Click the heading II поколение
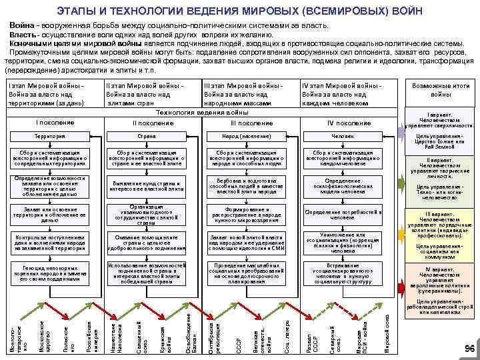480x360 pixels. [147, 123]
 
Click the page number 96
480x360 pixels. [469, 349]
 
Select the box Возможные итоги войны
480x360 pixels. [441, 90]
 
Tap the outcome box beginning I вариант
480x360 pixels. [441, 120]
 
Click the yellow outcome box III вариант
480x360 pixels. [441, 225]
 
